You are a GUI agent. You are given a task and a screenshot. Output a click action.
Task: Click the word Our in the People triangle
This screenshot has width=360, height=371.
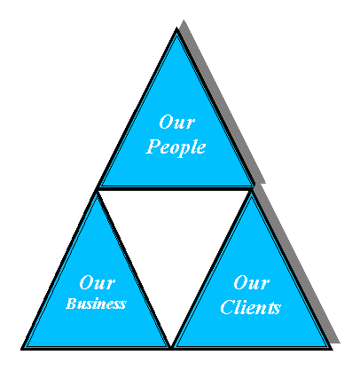tap(176, 122)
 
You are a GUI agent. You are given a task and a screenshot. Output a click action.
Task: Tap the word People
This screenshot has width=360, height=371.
tap(176, 147)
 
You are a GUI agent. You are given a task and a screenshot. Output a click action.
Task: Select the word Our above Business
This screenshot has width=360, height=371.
tap(97, 282)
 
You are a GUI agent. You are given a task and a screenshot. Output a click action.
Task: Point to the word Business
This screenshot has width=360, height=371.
tap(96, 304)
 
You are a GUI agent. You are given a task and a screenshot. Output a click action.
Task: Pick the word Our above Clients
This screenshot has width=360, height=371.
tap(251, 282)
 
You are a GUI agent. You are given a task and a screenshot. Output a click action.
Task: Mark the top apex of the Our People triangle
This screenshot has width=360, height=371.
tap(176, 28)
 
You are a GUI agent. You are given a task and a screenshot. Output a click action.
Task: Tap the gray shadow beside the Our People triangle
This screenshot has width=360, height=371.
tap(223, 104)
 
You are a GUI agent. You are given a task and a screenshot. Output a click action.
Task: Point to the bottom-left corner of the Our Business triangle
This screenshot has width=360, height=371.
tap(21, 349)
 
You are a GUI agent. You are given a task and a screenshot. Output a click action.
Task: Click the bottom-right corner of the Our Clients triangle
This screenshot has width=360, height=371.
tap(332, 349)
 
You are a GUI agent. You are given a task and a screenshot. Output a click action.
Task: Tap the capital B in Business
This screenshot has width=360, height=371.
tap(72, 304)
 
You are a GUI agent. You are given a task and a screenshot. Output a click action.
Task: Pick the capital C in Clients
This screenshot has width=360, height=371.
tap(228, 306)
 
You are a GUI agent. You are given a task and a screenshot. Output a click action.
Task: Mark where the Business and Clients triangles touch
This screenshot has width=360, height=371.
tap(171, 347)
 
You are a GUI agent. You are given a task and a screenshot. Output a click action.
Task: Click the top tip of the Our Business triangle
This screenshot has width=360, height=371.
tap(97, 190)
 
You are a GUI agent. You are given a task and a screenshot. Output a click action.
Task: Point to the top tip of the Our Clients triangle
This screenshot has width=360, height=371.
tap(252, 190)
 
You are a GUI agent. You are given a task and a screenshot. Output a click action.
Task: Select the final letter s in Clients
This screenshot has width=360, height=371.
tap(276, 309)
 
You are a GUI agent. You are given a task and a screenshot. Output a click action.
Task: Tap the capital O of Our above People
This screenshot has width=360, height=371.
tap(166, 122)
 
